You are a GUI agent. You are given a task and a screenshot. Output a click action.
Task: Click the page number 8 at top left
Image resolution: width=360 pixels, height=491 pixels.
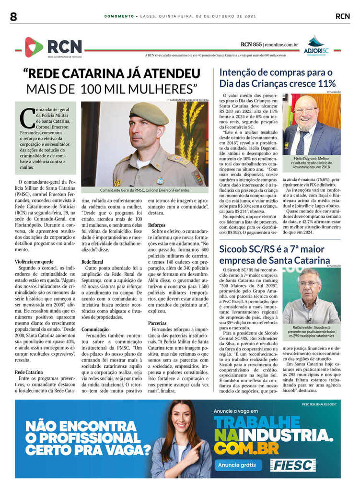(13, 16)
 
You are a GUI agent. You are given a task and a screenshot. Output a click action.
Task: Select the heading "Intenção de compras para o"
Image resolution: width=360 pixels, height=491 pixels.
(276, 73)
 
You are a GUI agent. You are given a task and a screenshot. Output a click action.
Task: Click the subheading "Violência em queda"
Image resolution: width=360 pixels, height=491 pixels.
(34, 261)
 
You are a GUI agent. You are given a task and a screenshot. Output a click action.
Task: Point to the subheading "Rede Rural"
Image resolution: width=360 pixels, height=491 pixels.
(93, 261)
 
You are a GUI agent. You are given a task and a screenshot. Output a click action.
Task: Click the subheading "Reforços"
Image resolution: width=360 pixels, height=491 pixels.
(157, 224)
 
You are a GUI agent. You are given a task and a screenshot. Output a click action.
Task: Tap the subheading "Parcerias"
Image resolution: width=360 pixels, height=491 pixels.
(157, 323)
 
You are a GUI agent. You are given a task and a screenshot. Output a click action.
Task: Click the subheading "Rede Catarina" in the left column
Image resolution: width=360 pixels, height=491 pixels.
(30, 372)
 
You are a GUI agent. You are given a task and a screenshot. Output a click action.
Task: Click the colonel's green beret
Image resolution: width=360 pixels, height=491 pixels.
(149, 113)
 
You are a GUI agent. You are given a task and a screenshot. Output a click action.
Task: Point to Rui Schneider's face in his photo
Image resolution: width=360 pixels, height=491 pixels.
(310, 284)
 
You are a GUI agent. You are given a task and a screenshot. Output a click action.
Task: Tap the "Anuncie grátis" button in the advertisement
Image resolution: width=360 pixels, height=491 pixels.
(238, 465)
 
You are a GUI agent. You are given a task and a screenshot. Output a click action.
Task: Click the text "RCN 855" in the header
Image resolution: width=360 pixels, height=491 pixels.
(251, 45)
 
